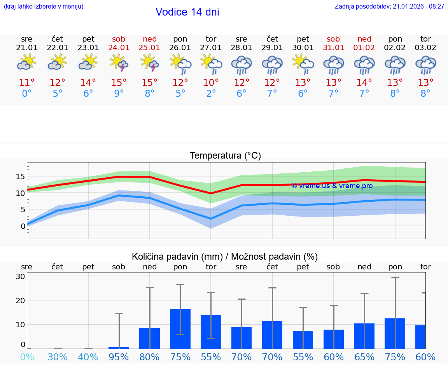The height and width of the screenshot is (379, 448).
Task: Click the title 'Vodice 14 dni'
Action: (x=187, y=12)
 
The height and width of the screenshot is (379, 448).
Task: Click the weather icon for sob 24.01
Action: (x=119, y=63)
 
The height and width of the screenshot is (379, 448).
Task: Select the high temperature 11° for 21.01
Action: (x=27, y=83)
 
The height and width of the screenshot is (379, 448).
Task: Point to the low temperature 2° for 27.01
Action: (x=211, y=94)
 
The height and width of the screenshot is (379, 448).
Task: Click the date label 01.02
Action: (x=364, y=48)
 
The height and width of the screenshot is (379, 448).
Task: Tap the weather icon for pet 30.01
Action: (x=303, y=63)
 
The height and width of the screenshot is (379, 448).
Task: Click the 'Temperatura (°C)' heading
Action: (x=225, y=156)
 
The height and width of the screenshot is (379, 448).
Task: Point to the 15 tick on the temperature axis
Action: (x=21, y=176)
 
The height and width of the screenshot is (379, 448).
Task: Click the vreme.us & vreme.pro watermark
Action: (x=332, y=186)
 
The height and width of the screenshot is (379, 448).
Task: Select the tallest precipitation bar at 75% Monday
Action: (x=180, y=328)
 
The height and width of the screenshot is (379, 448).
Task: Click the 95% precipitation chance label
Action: (x=119, y=357)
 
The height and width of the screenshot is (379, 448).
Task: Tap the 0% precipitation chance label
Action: (x=27, y=357)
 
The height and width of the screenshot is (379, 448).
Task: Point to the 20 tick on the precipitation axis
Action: (x=21, y=300)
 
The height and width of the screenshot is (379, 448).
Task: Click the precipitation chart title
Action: (x=225, y=257)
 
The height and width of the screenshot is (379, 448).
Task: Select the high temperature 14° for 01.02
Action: (x=364, y=83)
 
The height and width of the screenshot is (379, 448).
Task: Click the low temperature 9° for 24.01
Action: (x=119, y=94)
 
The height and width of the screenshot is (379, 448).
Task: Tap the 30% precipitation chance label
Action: (x=58, y=357)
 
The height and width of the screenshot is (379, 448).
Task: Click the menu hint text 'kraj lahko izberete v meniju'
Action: (x=44, y=7)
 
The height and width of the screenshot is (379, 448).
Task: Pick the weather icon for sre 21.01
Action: (x=27, y=63)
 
